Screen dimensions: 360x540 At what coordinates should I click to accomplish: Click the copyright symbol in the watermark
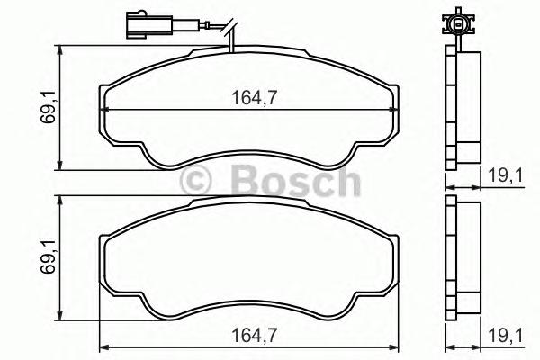(195, 181)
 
